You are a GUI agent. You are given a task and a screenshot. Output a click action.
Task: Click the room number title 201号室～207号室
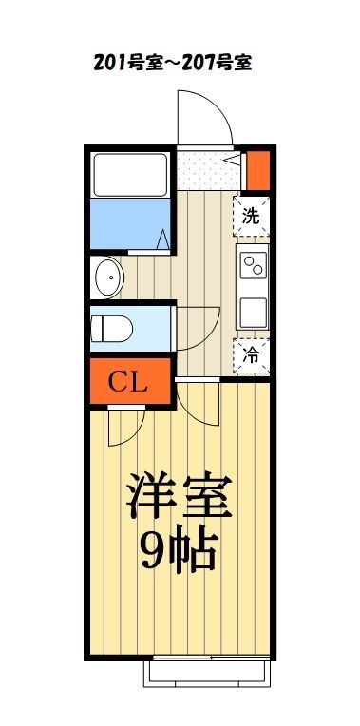click(171, 64)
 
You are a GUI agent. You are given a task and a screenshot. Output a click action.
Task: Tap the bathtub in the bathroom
click(131, 172)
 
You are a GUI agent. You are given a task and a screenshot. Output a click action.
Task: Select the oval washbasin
click(109, 277)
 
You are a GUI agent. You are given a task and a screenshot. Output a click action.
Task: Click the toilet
click(114, 328)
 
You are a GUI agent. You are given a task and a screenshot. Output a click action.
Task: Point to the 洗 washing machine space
click(251, 215)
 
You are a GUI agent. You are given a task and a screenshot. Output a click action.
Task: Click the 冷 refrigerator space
click(252, 356)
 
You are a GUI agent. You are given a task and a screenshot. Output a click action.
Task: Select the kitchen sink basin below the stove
click(253, 312)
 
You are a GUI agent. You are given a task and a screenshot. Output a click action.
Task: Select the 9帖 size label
click(180, 548)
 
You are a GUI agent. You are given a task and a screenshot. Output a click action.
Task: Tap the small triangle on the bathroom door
click(163, 239)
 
